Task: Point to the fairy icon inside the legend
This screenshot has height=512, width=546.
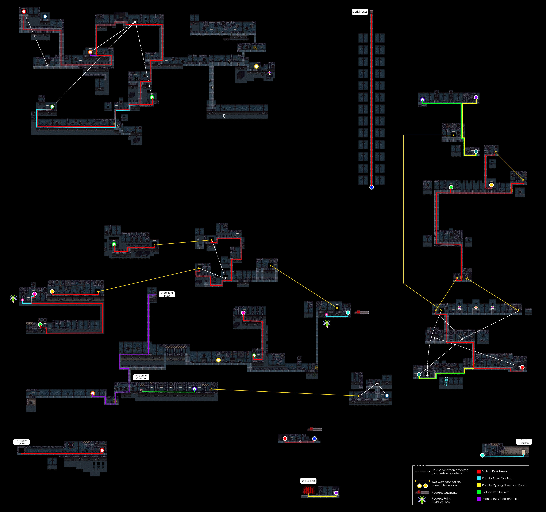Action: (422, 500)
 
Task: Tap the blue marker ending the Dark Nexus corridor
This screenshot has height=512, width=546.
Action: (371, 187)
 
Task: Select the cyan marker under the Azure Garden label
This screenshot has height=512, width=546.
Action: (482, 455)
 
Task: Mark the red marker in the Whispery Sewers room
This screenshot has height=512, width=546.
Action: (102, 450)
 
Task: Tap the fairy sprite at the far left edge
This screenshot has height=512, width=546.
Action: (13, 298)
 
